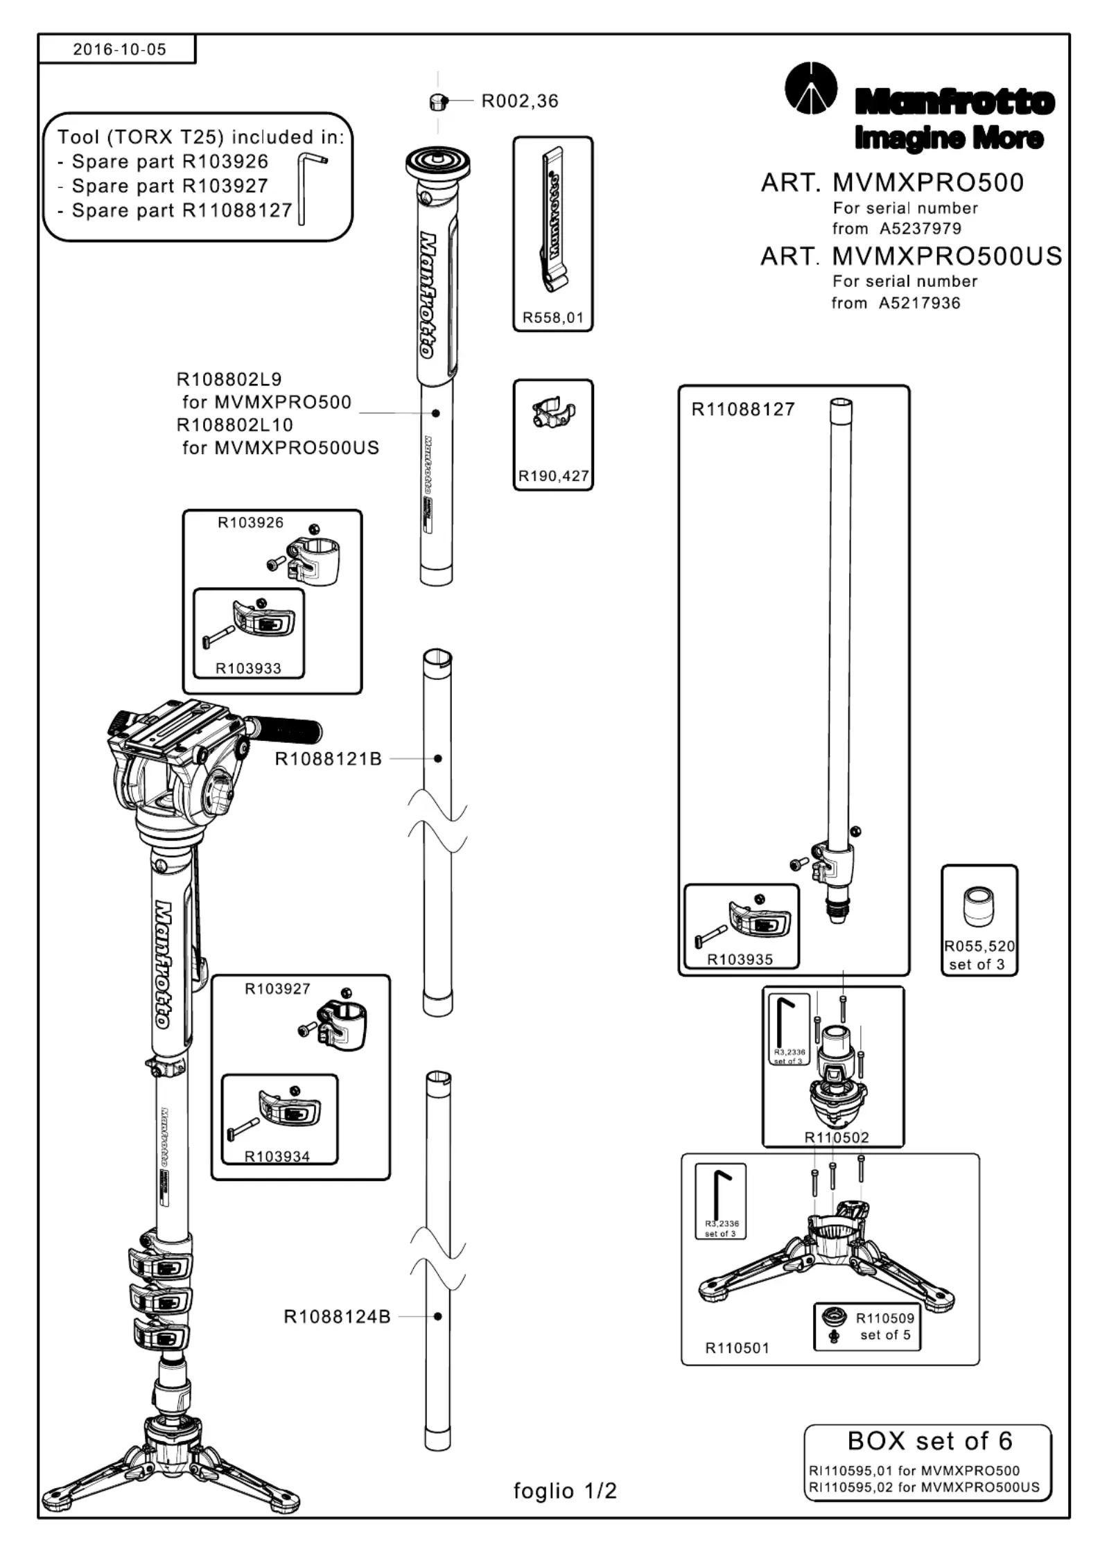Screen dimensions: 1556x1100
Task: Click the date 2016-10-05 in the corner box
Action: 119,49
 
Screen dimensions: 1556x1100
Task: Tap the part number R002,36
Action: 520,101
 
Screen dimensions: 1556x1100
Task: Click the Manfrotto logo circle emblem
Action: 810,88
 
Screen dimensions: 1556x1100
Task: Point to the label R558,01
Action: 552,317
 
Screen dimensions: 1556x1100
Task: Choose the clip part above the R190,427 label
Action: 552,413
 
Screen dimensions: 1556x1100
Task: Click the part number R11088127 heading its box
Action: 743,409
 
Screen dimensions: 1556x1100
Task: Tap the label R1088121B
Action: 329,759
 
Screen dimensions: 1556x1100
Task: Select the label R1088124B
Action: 337,1316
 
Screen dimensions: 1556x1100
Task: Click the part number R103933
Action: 248,668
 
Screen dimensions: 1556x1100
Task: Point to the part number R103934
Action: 277,1156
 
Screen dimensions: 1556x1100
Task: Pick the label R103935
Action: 740,959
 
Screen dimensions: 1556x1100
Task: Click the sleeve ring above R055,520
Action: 979,907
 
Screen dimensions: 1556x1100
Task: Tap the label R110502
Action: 836,1137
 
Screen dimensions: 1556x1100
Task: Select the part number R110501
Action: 737,1348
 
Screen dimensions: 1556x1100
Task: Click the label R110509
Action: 885,1318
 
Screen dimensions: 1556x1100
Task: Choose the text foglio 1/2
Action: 565,1491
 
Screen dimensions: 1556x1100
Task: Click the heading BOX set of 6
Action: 929,1441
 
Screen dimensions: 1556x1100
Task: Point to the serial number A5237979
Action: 920,229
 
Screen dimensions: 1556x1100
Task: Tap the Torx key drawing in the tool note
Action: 308,187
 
